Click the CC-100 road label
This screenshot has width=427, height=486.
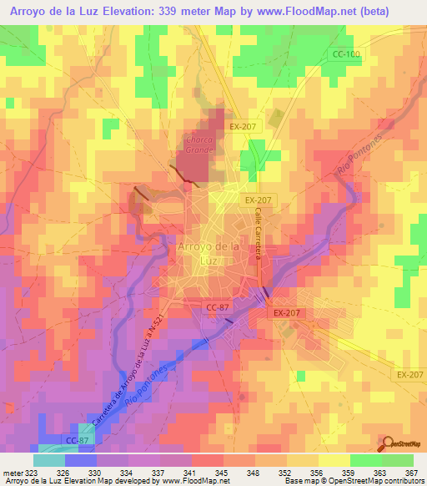click(346, 54)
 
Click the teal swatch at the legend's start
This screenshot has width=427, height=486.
click(48, 460)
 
